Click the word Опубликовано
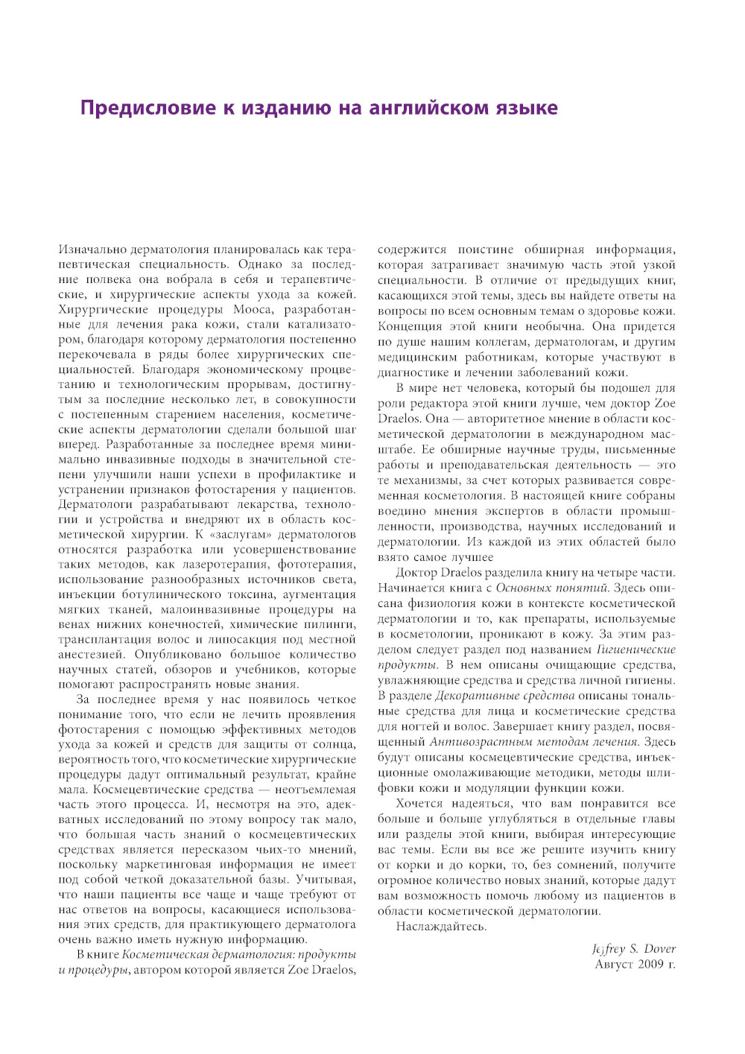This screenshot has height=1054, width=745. click(x=178, y=654)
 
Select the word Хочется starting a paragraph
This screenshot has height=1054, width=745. click(x=419, y=804)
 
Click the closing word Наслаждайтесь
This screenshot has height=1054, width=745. click(x=441, y=927)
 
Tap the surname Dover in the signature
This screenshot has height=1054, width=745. click(x=659, y=949)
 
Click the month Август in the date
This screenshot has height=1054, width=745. click(x=613, y=965)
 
